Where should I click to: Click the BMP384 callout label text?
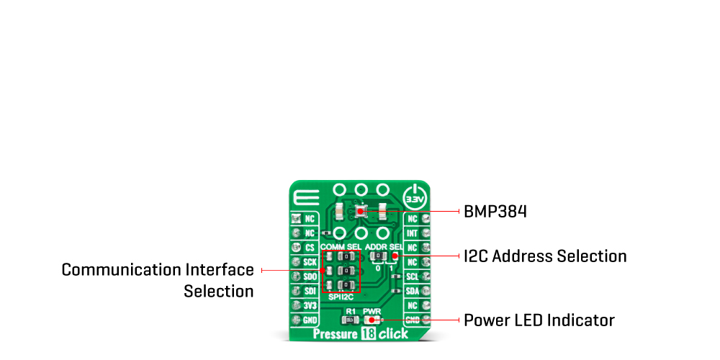tap(495, 212)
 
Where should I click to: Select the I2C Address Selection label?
tap(545, 256)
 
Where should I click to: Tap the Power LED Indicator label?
tap(539, 320)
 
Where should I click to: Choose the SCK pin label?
tap(310, 262)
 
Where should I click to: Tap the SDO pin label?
tap(310, 276)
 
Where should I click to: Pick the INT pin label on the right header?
tap(413, 233)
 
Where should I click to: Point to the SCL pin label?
tap(413, 276)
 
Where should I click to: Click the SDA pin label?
tap(413, 290)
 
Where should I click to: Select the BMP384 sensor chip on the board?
tap(361, 212)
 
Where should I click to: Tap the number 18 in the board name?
tap(368, 334)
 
